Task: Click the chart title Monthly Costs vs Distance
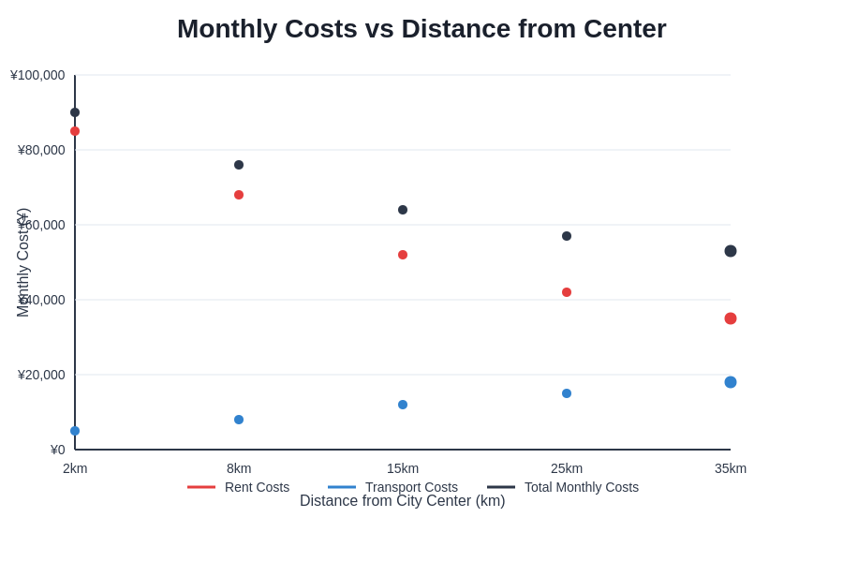[x=421, y=29]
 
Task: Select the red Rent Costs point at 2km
[x=75, y=131]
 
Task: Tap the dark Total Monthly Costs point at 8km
[x=239, y=165]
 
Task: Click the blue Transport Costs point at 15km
[x=403, y=405]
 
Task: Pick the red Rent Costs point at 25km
[x=567, y=292]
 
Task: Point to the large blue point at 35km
[x=731, y=382]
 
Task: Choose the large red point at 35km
[x=731, y=318]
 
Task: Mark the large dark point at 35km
[x=731, y=251]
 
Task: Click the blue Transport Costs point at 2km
[x=75, y=431]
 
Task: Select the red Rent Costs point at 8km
[x=239, y=195]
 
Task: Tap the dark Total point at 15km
[x=403, y=210]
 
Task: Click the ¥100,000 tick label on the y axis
[x=37, y=75]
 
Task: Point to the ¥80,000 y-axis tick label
[x=41, y=150]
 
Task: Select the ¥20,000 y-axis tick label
[x=41, y=375]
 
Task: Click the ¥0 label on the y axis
[x=57, y=450]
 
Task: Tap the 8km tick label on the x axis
[x=239, y=468]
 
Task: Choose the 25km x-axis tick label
[x=567, y=468]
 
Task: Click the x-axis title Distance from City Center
[x=403, y=501]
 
